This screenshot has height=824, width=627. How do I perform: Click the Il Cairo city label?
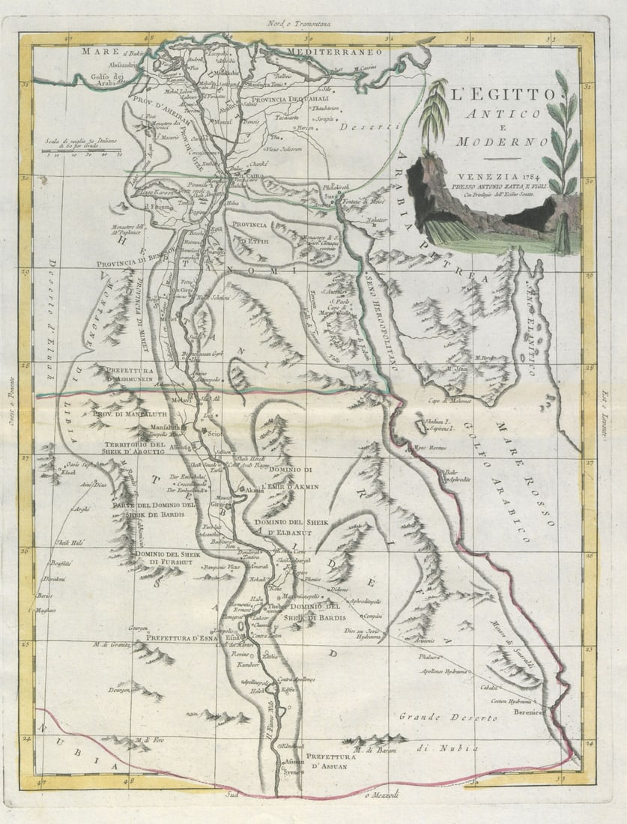tap(255, 175)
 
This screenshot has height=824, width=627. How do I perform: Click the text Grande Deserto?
tap(447, 718)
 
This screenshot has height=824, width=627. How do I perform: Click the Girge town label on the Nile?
tap(218, 504)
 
